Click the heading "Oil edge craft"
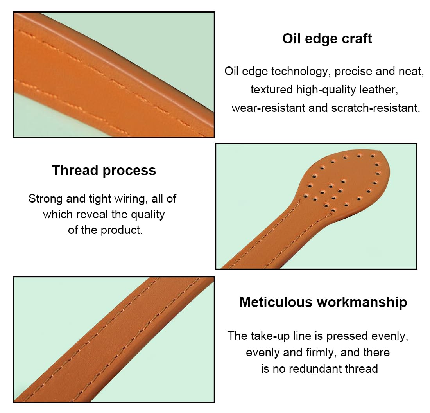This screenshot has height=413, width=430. [x=327, y=39]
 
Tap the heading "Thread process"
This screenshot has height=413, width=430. [x=104, y=171]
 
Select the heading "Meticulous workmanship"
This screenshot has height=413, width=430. [x=323, y=302]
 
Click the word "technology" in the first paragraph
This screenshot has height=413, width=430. [x=299, y=72]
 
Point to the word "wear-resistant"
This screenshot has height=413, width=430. [x=269, y=108]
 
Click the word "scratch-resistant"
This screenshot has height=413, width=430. [x=376, y=108]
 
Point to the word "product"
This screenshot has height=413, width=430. [x=122, y=230]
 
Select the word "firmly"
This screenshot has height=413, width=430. [x=324, y=353]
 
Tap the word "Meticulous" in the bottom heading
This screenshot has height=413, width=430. [x=276, y=302]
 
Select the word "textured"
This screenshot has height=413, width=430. [x=272, y=90]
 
